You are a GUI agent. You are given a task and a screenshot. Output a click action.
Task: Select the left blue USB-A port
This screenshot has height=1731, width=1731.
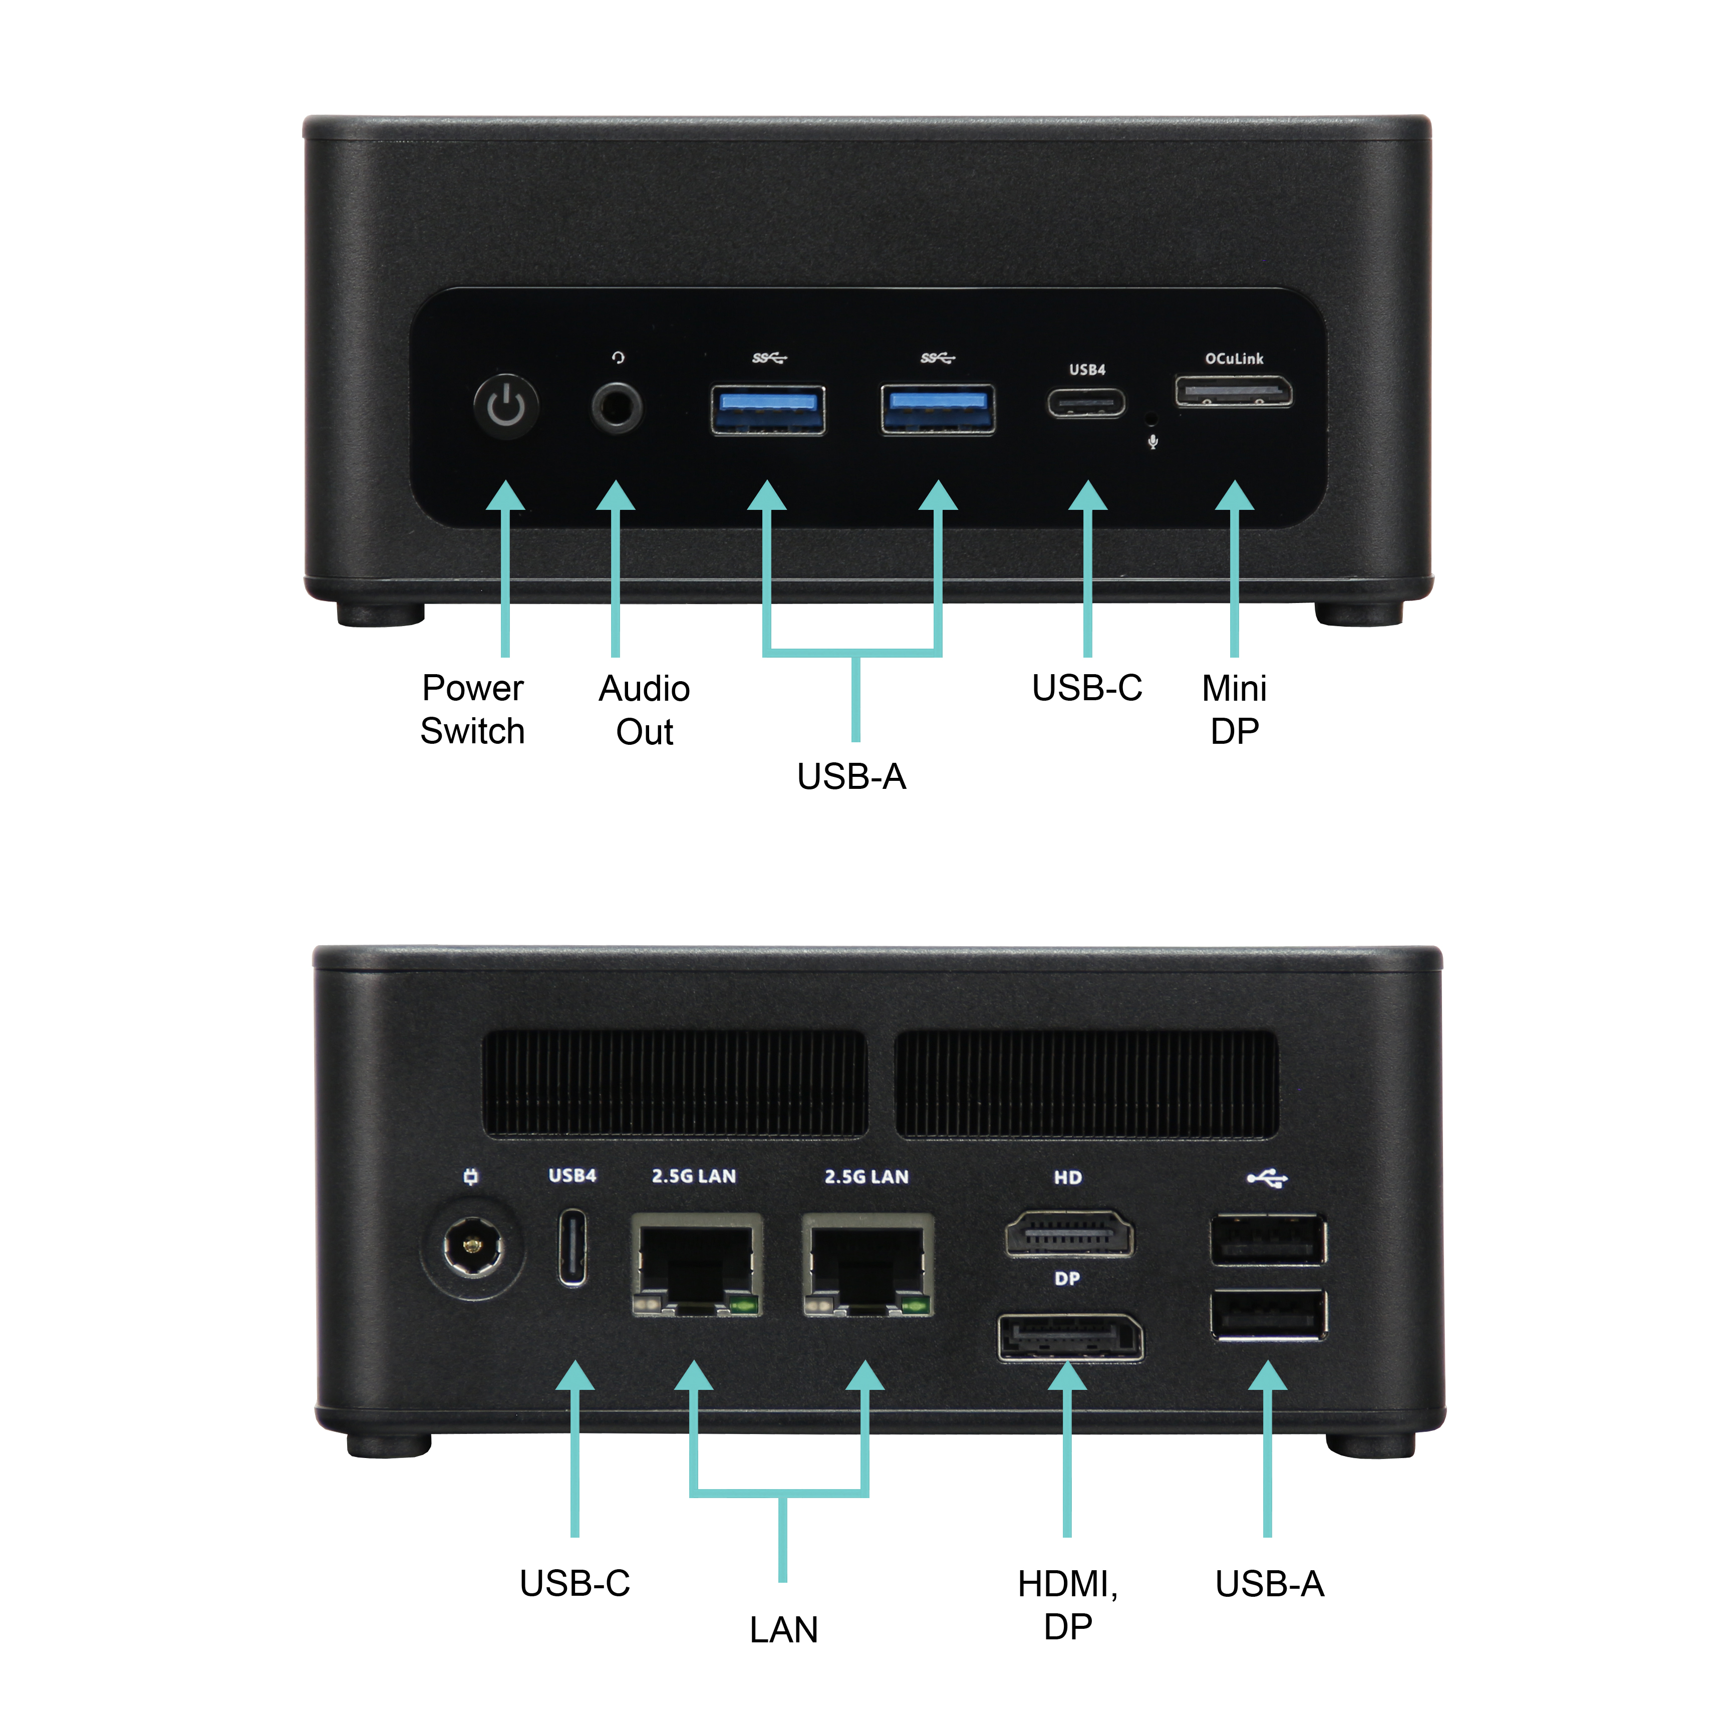coord(768,409)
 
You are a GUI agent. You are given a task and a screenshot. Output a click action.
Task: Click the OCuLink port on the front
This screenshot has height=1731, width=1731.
coord(1234,392)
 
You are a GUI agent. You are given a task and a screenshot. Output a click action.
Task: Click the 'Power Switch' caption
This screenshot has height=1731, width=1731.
coord(472,710)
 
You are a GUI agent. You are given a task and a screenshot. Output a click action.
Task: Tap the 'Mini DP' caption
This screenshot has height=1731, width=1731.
coord(1235,710)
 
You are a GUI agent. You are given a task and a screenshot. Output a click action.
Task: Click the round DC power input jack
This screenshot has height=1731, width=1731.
coord(472,1245)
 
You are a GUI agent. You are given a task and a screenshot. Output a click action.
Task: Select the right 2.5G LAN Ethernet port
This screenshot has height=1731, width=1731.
coord(868,1264)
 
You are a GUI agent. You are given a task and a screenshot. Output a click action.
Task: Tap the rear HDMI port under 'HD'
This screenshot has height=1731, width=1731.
coord(1069,1234)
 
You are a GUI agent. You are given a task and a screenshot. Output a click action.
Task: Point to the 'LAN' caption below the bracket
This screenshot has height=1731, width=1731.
coord(784,1630)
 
